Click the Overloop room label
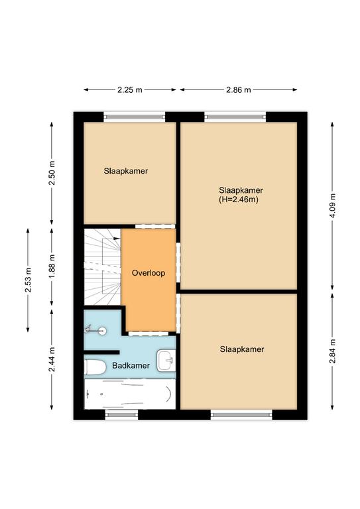(x=149, y=273)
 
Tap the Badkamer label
(x=131, y=366)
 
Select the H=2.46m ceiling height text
(x=239, y=199)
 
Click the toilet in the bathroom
(x=95, y=367)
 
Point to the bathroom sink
(x=166, y=361)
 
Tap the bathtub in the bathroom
(x=130, y=394)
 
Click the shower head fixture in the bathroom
(x=95, y=331)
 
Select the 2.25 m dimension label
(x=130, y=89)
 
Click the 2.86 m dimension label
(x=239, y=89)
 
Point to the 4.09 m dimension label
(x=332, y=206)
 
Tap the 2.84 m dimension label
(x=332, y=351)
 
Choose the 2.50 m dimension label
(x=52, y=173)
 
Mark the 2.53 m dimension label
(x=29, y=280)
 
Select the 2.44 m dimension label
(x=52, y=360)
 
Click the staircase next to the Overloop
(x=103, y=267)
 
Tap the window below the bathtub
(x=122, y=414)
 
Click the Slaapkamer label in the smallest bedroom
(x=126, y=171)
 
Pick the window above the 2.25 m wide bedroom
(x=135, y=117)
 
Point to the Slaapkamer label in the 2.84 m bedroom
(x=242, y=349)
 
